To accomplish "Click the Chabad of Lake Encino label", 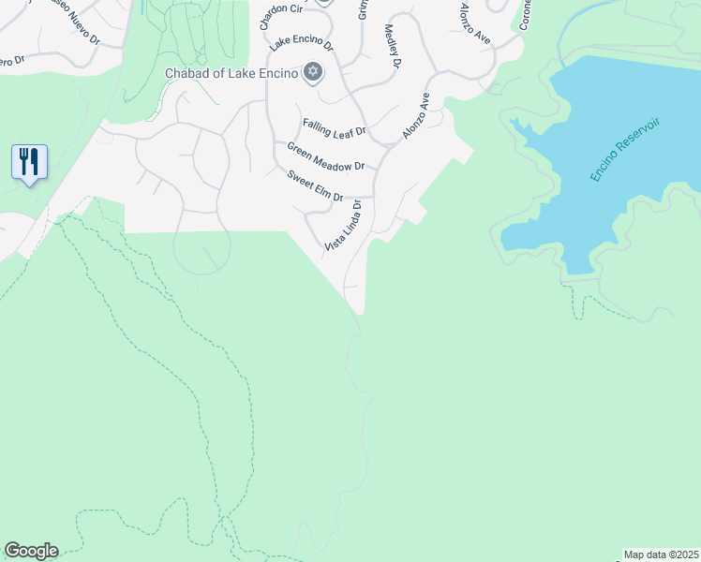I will (231, 73).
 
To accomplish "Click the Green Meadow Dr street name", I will (325, 156).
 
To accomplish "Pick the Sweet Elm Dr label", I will (316, 185).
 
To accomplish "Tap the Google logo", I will (31, 551).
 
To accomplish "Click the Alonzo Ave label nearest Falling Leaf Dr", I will (416, 116).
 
